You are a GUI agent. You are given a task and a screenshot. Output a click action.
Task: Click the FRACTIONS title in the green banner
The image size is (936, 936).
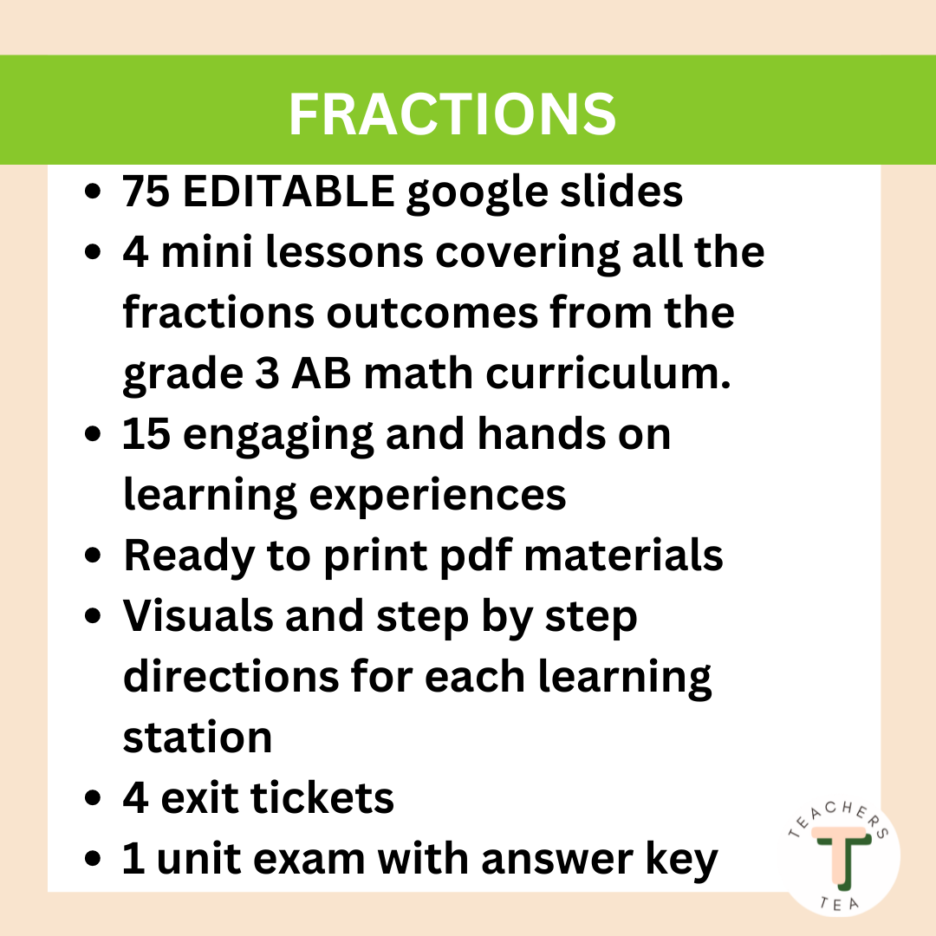coord(452,114)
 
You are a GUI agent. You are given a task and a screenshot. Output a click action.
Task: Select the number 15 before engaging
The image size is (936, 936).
coord(149,433)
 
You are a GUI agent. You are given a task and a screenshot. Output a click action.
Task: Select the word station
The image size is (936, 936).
coord(198,737)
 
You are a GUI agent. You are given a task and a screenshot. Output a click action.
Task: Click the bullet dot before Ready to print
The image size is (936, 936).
coord(97,556)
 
